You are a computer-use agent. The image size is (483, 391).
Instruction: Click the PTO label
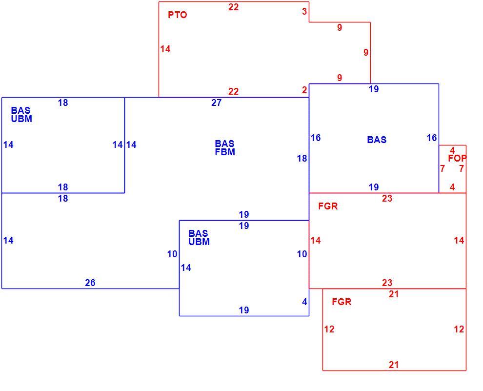pyautogui.click(x=178, y=15)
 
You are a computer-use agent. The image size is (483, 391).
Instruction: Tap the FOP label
pyautogui.click(x=457, y=158)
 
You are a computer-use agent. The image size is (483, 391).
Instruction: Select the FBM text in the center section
pyautogui.click(x=225, y=152)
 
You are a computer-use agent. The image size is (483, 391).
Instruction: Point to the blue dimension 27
pyautogui.click(x=216, y=103)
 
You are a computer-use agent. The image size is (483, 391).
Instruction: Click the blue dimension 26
pyautogui.click(x=90, y=283)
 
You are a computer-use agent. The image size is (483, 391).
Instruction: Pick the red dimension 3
pyautogui.click(x=304, y=11)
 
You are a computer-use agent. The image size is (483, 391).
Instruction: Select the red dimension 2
pyautogui.click(x=304, y=90)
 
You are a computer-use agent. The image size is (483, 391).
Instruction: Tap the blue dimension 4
pyautogui.click(x=304, y=302)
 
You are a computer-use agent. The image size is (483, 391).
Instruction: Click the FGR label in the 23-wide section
pyautogui.click(x=328, y=206)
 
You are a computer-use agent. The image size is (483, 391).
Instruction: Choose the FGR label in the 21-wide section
pyautogui.click(x=342, y=302)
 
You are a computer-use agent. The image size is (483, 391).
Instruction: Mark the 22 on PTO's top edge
pyautogui.click(x=234, y=7)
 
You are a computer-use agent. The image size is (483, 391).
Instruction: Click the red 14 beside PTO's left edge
pyautogui.click(x=165, y=49)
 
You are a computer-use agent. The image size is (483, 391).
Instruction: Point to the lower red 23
pyautogui.click(x=387, y=283)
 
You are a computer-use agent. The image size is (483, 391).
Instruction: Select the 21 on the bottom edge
pyautogui.click(x=394, y=365)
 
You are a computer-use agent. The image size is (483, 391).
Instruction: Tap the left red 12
pyautogui.click(x=329, y=329)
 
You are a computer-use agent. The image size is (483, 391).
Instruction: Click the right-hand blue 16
pyautogui.click(x=432, y=138)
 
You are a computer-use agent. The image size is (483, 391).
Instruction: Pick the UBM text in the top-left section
pyautogui.click(x=21, y=119)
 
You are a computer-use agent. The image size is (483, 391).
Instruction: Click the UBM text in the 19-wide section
pyautogui.click(x=199, y=242)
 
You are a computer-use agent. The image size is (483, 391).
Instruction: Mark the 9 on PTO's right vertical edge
pyautogui.click(x=365, y=52)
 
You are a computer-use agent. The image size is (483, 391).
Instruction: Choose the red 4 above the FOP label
pyautogui.click(x=452, y=151)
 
